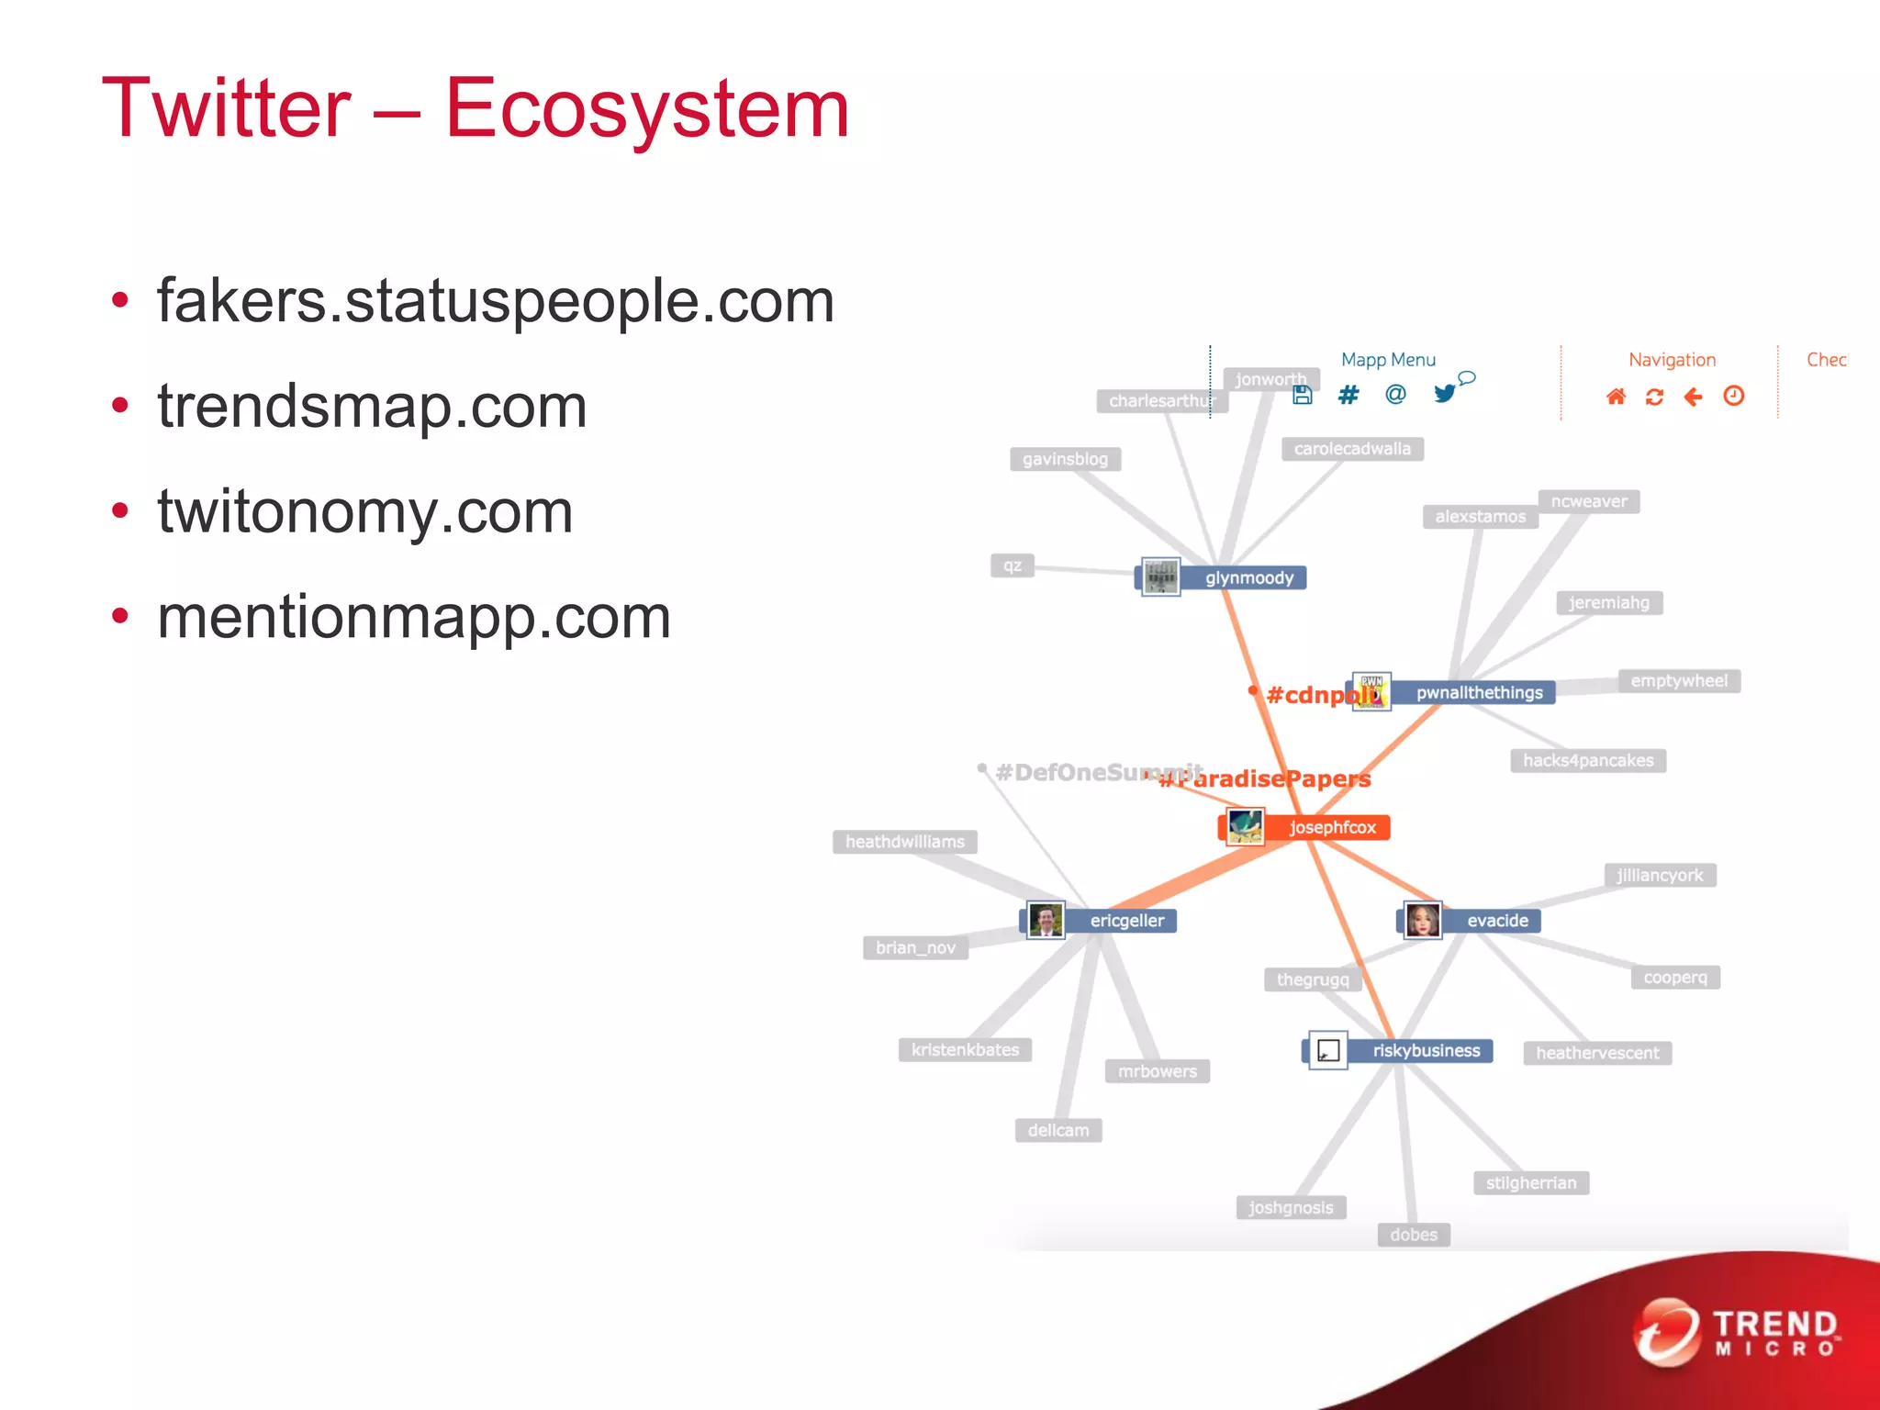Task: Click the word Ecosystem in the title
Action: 647,108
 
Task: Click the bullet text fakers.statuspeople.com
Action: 496,300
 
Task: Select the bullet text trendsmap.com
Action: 372,406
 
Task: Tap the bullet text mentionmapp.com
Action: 414,617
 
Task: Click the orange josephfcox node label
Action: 1331,827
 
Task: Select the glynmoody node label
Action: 1248,577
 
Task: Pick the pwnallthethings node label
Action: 1479,692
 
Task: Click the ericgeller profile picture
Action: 1046,920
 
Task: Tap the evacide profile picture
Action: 1422,920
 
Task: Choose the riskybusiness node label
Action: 1426,1050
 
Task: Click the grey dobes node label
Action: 1413,1235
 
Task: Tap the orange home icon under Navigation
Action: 1616,397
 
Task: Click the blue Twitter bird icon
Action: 1445,394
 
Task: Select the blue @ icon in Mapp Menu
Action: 1395,395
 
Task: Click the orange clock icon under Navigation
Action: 1733,396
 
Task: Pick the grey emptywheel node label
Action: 1678,681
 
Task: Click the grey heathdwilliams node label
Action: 904,842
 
